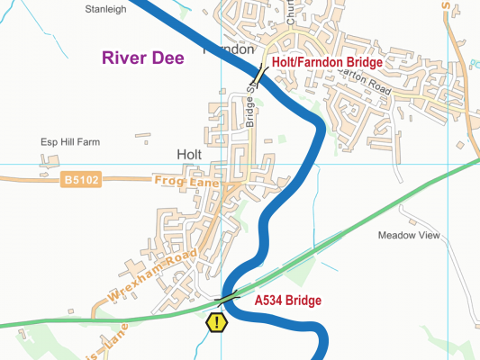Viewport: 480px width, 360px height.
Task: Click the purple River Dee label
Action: [x=143, y=58]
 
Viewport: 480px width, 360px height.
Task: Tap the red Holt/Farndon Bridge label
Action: [x=327, y=62]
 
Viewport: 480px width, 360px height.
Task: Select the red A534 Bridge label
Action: [x=288, y=301]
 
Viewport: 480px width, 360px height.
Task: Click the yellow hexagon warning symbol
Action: [x=217, y=321]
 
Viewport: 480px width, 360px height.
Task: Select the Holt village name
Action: [x=189, y=155]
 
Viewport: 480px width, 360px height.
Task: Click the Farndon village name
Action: [x=231, y=49]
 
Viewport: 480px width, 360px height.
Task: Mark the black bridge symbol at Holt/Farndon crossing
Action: [x=258, y=75]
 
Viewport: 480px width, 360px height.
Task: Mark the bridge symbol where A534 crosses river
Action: [x=227, y=297]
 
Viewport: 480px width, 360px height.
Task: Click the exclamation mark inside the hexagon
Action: [x=217, y=321]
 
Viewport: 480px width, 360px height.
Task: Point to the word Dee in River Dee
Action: [x=168, y=58]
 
